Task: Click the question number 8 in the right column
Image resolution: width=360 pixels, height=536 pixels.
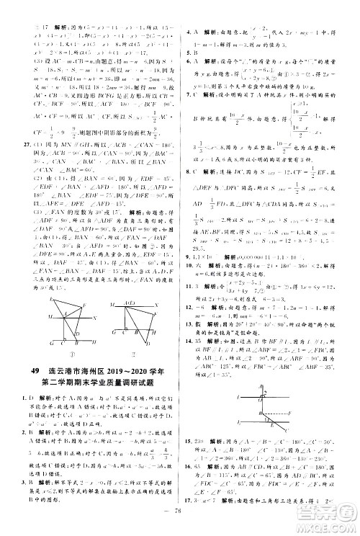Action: (189, 152)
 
